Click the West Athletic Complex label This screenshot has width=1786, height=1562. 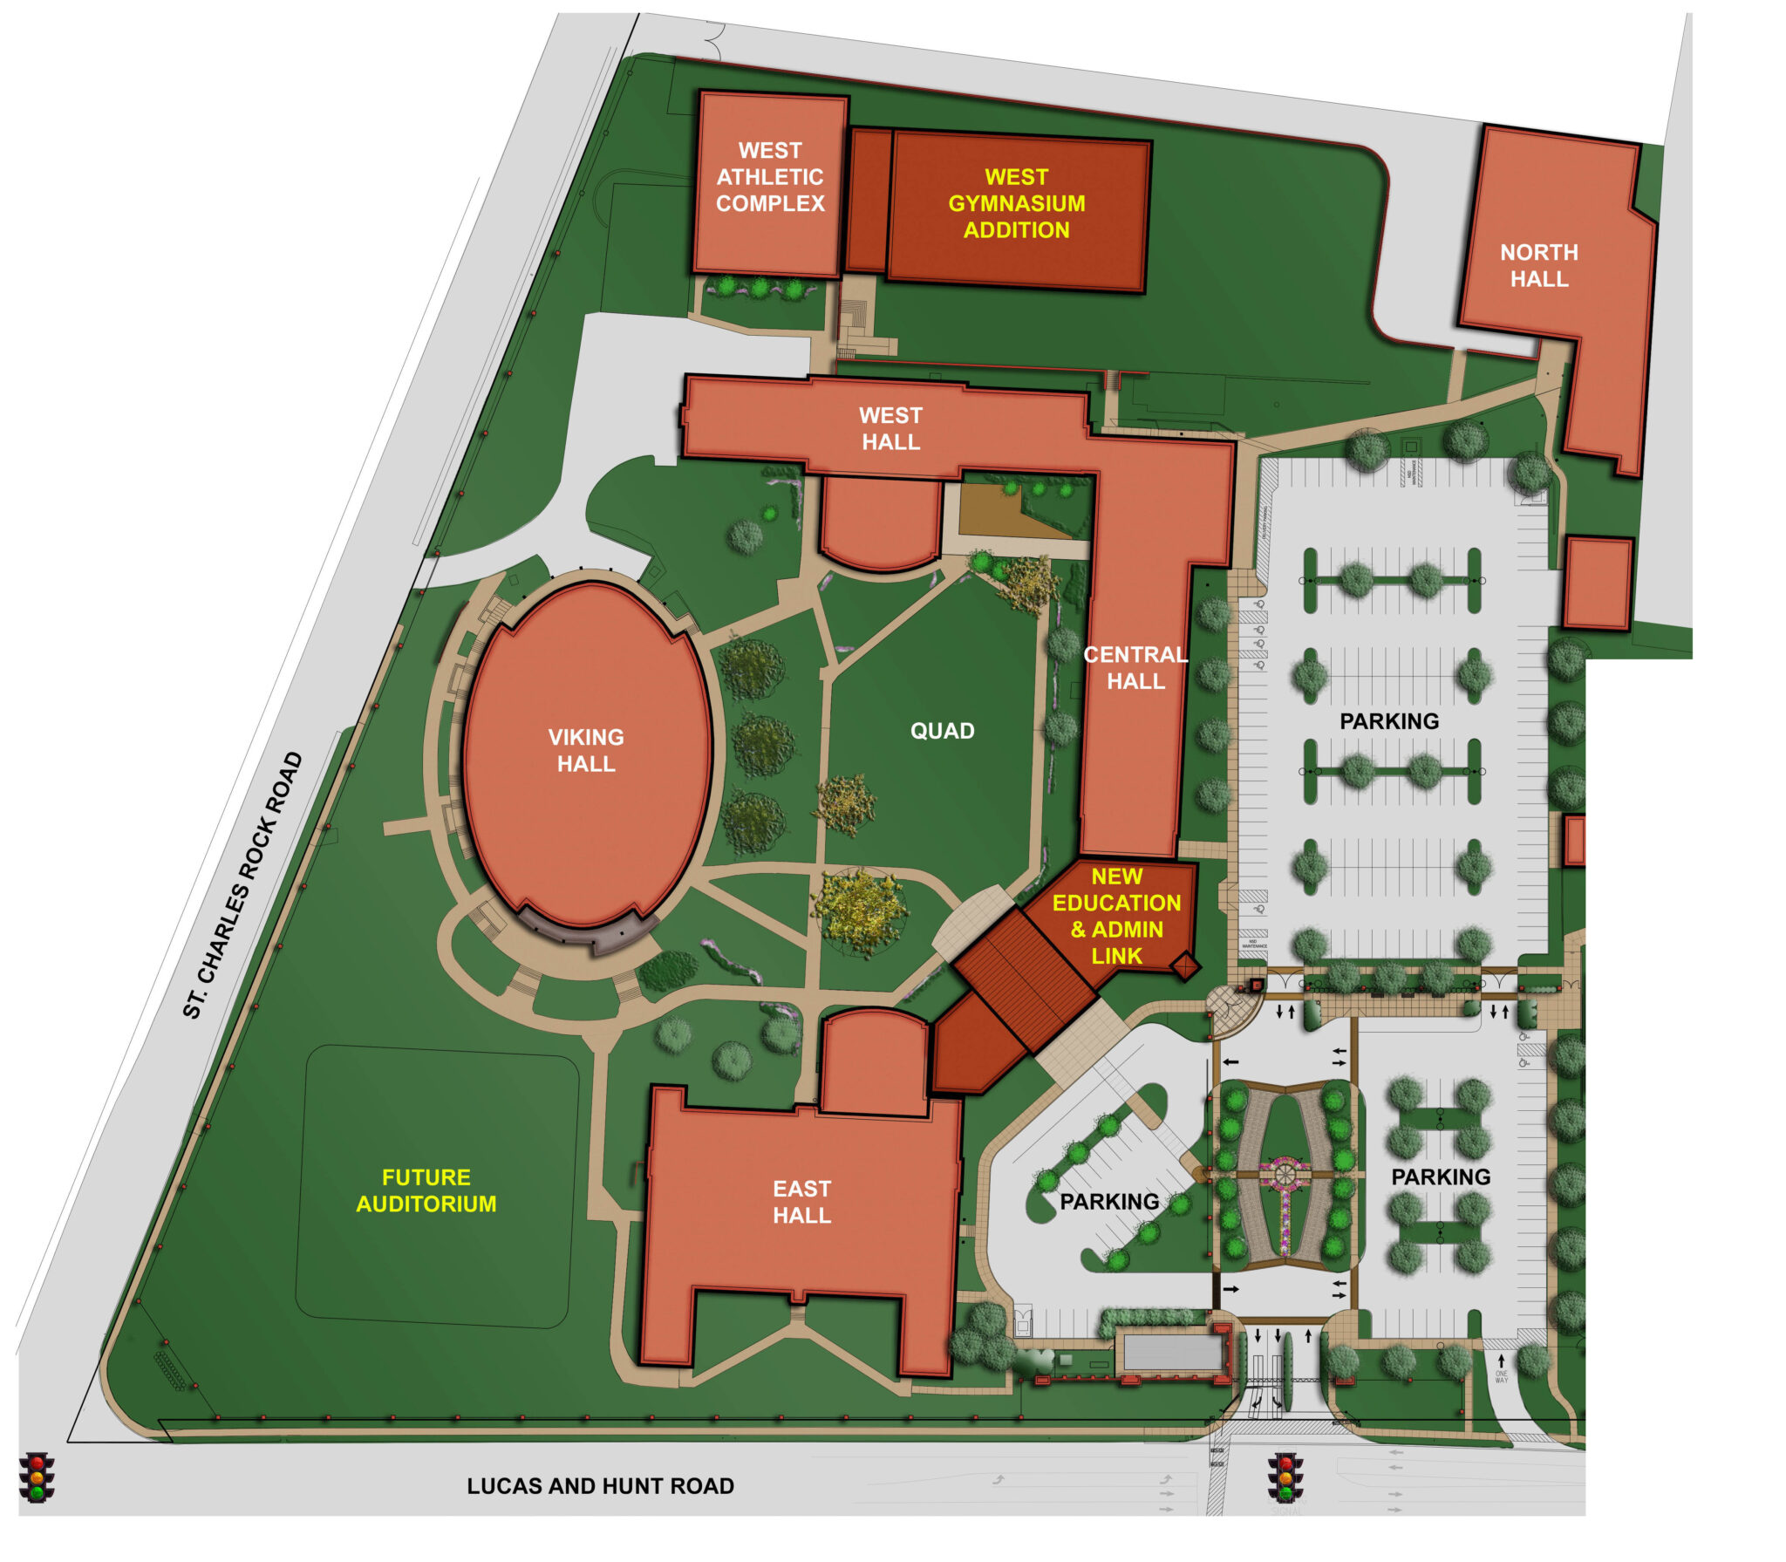pyautogui.click(x=770, y=177)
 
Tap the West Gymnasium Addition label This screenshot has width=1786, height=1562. pyautogui.click(x=1016, y=203)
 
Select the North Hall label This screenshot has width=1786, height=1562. pyautogui.click(x=1538, y=265)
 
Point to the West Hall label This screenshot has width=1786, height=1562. pyautogui.click(x=890, y=428)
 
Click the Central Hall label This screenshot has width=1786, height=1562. pyautogui.click(x=1135, y=667)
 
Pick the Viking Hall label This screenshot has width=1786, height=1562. pyautogui.click(x=586, y=750)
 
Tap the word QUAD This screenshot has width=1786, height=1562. pyautogui.click(x=942, y=731)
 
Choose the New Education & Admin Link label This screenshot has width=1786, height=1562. pyautogui.click(x=1116, y=916)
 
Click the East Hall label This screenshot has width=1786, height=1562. pyautogui.click(x=801, y=1202)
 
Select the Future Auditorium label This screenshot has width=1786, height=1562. pyautogui.click(x=426, y=1190)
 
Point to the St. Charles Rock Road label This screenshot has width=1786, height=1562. pyautogui.click(x=242, y=884)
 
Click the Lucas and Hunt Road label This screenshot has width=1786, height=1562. pyautogui.click(x=600, y=1486)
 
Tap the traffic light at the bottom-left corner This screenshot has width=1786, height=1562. pyautogui.click(x=37, y=1477)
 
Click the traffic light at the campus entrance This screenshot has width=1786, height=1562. pyautogui.click(x=1286, y=1477)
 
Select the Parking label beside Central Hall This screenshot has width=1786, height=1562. pyautogui.click(x=1389, y=721)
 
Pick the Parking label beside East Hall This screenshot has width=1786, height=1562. pyautogui.click(x=1109, y=1202)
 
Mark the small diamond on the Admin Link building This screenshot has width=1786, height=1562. pyautogui.click(x=1185, y=966)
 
